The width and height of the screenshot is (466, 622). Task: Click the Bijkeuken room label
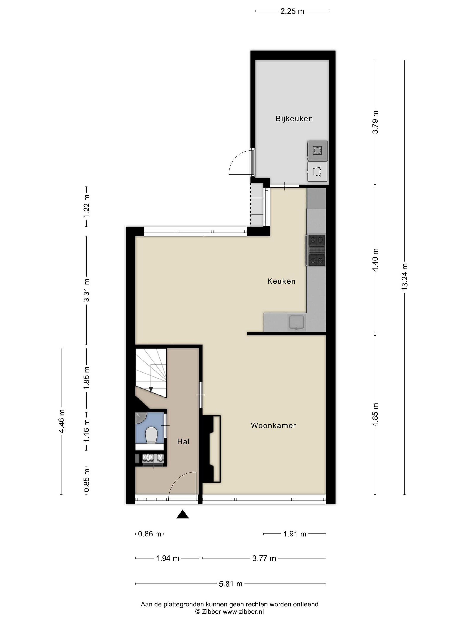(294, 119)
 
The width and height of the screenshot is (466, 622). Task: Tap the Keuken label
(281, 281)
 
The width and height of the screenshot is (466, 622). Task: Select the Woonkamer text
(273, 425)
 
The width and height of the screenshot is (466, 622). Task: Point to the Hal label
(183, 441)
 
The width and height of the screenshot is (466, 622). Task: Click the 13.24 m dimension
(404, 277)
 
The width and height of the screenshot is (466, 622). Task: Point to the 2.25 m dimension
(292, 11)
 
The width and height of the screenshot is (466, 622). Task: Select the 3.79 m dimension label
(375, 122)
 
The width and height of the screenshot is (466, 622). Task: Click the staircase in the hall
(151, 373)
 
